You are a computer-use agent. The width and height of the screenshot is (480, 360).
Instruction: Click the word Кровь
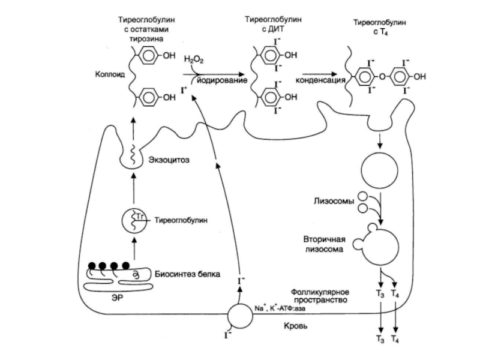click(296, 328)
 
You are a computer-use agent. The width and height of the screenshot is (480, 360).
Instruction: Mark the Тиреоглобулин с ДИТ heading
click(268, 23)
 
